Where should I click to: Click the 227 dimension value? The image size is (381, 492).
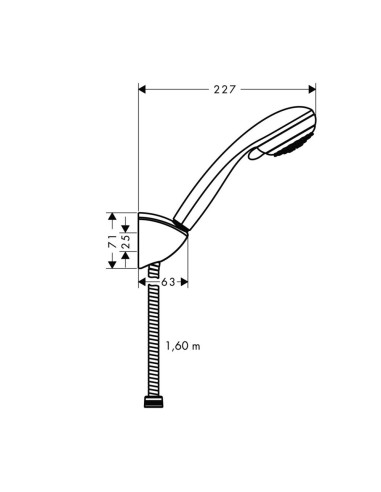[223, 90]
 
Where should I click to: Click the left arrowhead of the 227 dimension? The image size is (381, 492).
[141, 90]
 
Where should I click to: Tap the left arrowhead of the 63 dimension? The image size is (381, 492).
[141, 283]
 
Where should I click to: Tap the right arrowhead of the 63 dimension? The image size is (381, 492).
[185, 283]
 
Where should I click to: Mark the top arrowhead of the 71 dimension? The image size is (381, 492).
[112, 215]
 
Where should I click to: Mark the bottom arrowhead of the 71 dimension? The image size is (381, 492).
[112, 266]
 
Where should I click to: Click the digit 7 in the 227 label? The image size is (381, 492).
[231, 90]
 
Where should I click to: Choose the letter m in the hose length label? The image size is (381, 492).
[197, 346]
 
